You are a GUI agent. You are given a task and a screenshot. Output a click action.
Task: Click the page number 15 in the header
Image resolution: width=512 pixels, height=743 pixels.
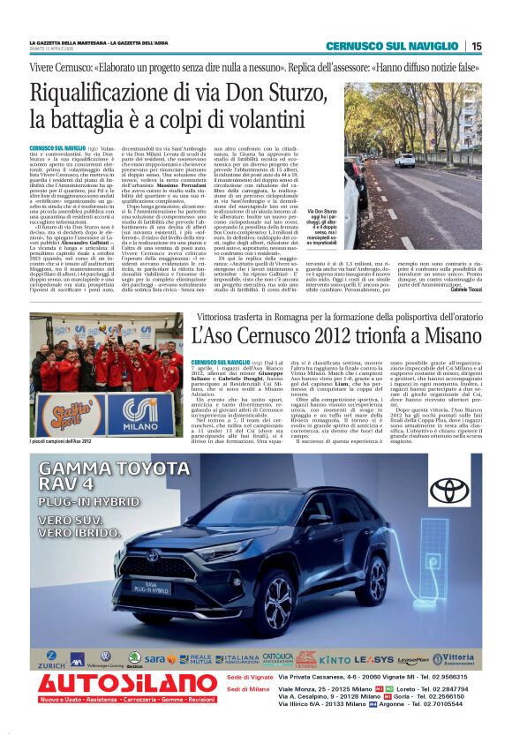(x=477, y=46)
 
